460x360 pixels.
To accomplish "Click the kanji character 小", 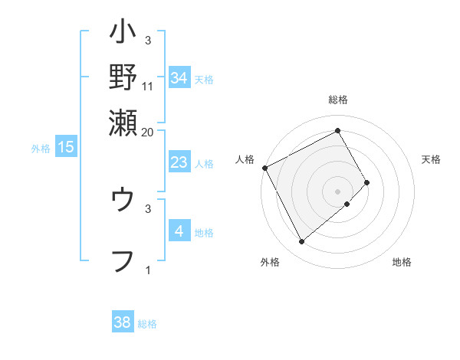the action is coord(123,34).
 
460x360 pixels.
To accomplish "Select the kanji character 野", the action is coord(123,77).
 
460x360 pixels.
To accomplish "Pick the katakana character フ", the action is coord(123,261).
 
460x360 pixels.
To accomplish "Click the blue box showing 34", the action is coord(179,78).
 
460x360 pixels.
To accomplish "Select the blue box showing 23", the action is coord(179,162).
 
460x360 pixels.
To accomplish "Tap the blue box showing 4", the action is coord(179,231).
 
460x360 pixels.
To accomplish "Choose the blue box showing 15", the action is coord(66,147).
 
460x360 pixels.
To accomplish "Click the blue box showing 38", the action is coord(123,322).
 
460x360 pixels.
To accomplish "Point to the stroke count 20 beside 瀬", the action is coord(148,132).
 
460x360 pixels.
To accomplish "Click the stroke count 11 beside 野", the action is coord(148,87).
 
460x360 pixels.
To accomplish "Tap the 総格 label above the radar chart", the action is coord(338,100).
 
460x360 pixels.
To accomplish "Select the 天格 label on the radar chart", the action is coord(431,159).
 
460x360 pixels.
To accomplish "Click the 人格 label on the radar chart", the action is coord(245,159).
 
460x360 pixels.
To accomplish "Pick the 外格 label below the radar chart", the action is coord(269,263).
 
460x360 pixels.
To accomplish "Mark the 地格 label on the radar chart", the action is coord(402,263).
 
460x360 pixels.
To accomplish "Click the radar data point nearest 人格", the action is coord(264,167).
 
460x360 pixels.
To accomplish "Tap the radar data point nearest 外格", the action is coord(301,242).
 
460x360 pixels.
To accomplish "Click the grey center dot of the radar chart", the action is coord(338,191).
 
